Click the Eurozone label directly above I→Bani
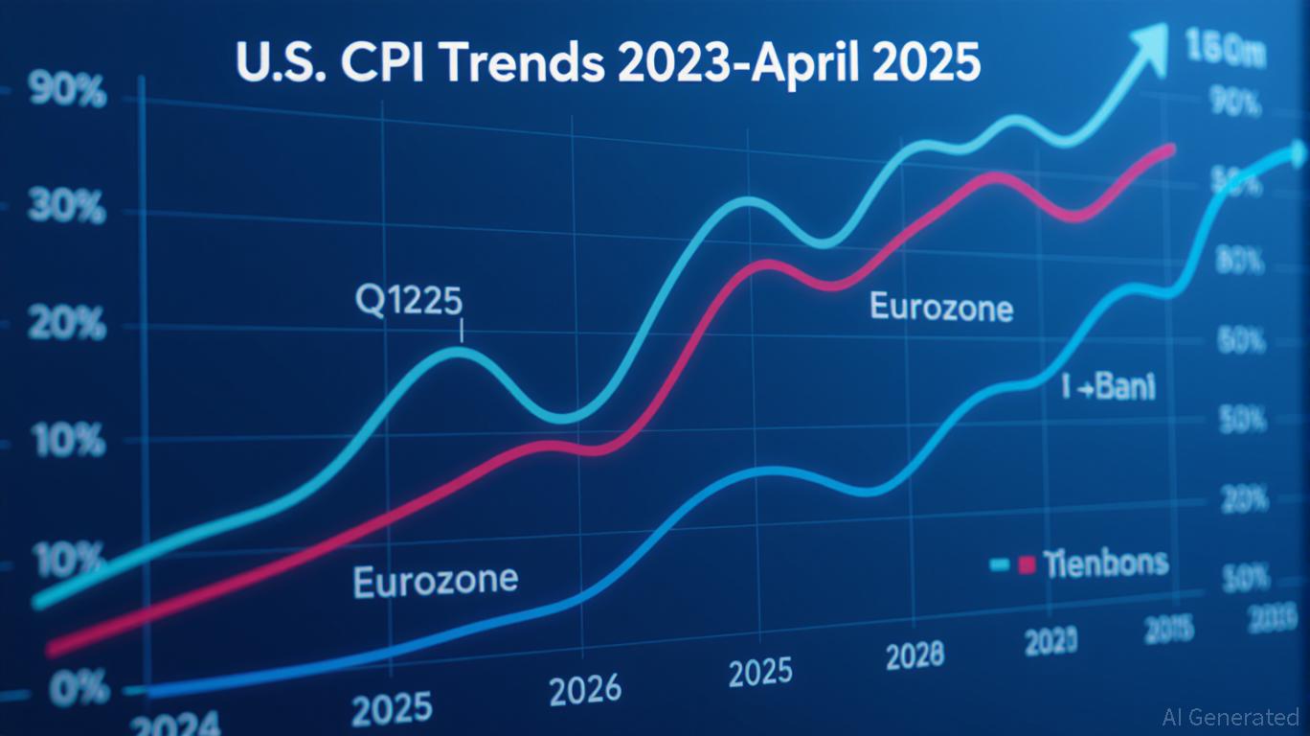click(941, 308)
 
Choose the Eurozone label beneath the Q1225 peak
click(436, 580)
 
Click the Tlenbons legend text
click(1106, 563)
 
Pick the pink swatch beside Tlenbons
click(1028, 564)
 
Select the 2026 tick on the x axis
click(585, 689)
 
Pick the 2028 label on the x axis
click(914, 655)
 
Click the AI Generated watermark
click(1231, 717)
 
